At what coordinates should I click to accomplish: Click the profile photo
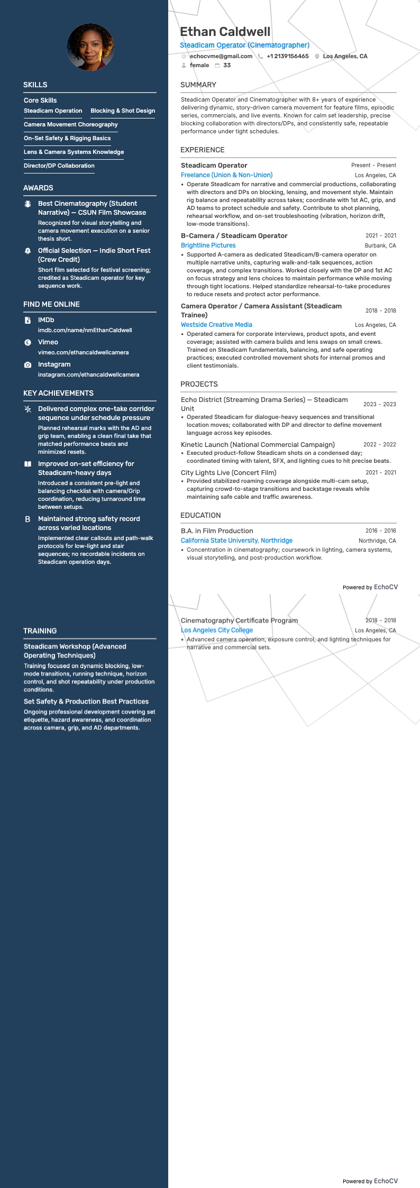(90, 47)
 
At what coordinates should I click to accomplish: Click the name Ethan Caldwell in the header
(225, 32)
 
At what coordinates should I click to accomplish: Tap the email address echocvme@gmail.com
(221, 56)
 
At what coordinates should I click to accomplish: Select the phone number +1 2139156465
(287, 56)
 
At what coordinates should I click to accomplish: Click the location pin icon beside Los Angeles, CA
(317, 57)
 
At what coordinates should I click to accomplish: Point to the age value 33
(227, 66)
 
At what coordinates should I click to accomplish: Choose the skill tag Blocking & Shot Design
(123, 111)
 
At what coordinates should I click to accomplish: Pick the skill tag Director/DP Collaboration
(59, 166)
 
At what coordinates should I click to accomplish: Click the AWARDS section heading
(38, 188)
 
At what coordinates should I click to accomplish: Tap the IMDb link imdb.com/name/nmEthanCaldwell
(85, 330)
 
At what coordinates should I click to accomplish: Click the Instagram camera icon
(28, 365)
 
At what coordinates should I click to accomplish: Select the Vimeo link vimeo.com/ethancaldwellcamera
(83, 352)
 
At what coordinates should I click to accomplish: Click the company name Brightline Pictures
(208, 245)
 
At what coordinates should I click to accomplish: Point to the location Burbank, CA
(380, 246)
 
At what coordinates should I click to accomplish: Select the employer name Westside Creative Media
(216, 325)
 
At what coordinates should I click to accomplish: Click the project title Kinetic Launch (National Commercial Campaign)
(258, 445)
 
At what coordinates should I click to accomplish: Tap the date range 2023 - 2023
(379, 404)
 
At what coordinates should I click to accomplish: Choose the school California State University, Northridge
(236, 541)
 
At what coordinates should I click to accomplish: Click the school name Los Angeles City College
(217, 630)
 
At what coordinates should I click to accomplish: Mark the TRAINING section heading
(40, 631)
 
